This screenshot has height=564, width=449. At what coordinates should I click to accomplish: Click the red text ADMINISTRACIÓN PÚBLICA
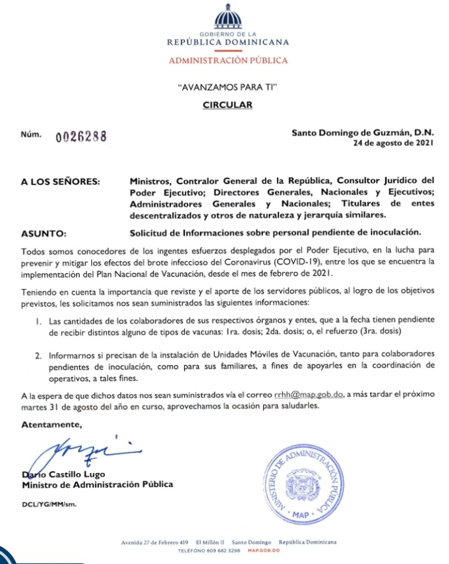pos(228,60)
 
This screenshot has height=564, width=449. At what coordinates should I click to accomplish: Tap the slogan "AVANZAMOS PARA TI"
pos(228,87)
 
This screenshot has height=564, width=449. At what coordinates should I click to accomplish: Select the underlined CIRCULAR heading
pos(228,105)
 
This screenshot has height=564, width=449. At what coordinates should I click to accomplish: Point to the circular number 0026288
pos(80,137)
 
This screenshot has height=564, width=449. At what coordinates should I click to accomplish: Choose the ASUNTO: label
pos(42,233)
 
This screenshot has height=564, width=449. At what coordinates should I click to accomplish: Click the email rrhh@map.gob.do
pos(309,395)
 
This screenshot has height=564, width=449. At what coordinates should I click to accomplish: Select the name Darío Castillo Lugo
pos(63,474)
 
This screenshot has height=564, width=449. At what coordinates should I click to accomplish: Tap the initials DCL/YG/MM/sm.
pos(49,504)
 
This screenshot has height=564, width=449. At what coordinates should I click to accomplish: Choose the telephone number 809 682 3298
pos(224,550)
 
